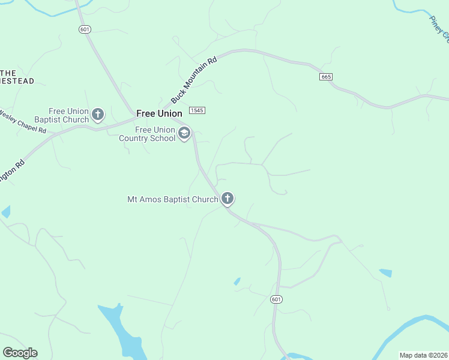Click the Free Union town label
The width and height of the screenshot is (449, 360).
pyautogui.click(x=159, y=113)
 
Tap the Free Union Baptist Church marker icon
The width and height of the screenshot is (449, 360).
pyautogui.click(x=98, y=113)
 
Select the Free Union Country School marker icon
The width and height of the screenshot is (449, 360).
pyautogui.click(x=184, y=133)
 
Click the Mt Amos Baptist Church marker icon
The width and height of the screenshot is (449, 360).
pyautogui.click(x=228, y=198)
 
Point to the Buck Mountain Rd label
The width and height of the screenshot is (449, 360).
pyautogui.click(x=193, y=80)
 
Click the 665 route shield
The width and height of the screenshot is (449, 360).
pyautogui.click(x=326, y=77)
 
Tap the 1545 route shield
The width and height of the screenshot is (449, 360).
pyautogui.click(x=197, y=110)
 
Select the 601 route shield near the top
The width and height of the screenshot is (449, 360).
pyautogui.click(x=83, y=29)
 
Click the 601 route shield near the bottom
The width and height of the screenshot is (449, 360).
pyautogui.click(x=276, y=299)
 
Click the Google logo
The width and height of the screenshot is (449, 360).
pyautogui.click(x=20, y=353)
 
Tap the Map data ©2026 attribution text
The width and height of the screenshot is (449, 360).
pyautogui.click(x=424, y=355)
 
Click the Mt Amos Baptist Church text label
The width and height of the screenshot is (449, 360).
pyautogui.click(x=172, y=199)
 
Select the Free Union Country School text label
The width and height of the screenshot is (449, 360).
pyautogui.click(x=148, y=134)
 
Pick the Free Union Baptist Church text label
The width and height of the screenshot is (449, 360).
pyautogui.click(x=69, y=115)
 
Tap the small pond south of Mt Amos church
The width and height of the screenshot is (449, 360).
pyautogui.click(x=237, y=281)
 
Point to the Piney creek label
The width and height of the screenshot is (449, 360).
pyautogui.click(x=440, y=28)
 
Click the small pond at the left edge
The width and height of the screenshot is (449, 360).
pyautogui.click(x=5, y=211)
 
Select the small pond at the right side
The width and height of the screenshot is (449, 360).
pyautogui.click(x=385, y=273)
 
